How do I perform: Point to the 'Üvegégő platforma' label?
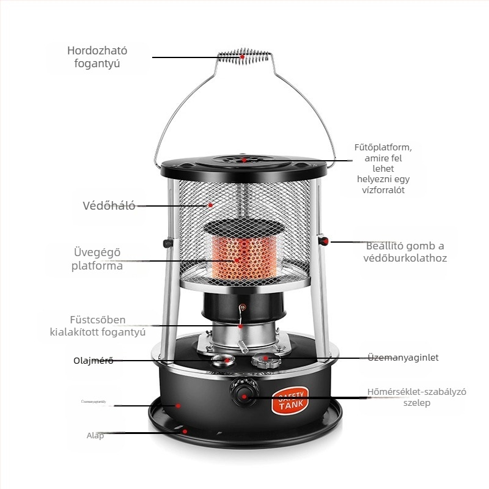(97, 259)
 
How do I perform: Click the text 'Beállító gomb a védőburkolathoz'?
(406, 252)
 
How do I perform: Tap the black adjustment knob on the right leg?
(326, 241)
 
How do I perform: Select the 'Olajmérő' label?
(90, 360)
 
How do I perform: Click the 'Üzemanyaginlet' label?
(403, 358)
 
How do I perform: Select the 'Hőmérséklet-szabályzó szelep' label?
(417, 397)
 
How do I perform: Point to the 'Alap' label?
(95, 436)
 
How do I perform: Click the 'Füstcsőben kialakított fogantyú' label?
(97, 326)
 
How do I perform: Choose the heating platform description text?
(383, 169)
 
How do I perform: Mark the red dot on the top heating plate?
(243, 160)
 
